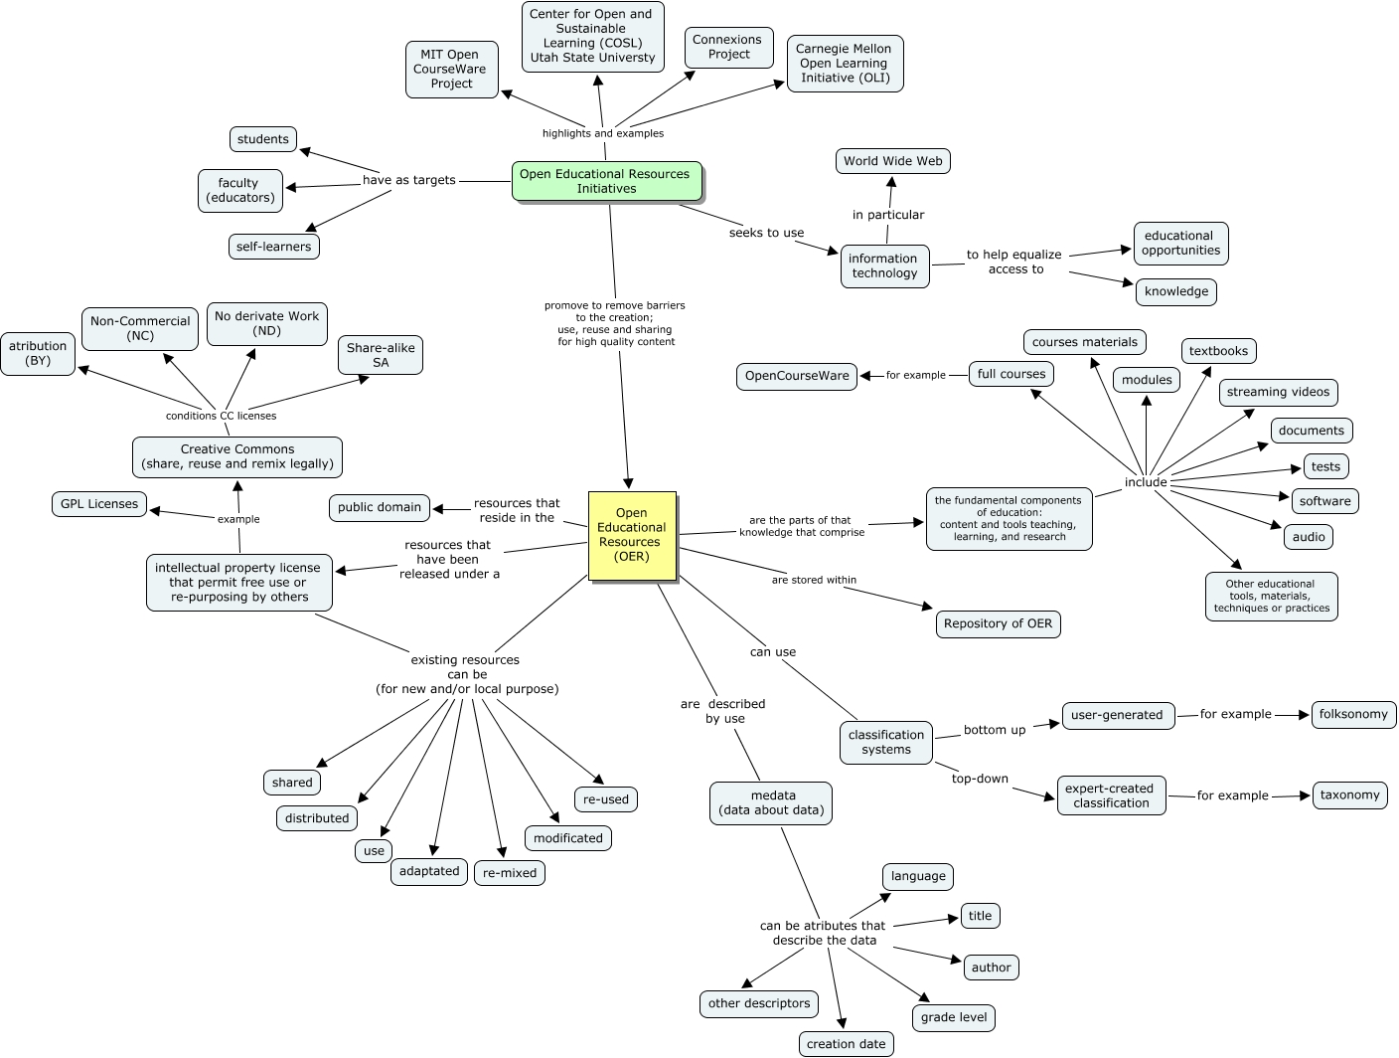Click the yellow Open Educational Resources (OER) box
[632, 535]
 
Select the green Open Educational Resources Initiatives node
[606, 181]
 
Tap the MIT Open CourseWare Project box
[452, 70]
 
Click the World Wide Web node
[892, 161]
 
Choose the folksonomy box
[1353, 714]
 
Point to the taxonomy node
[1349, 794]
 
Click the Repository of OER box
[998, 623]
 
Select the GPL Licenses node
[99, 504]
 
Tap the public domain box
[380, 507]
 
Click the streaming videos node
[1278, 392]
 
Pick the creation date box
[846, 1043]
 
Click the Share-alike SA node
[381, 355]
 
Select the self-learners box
[273, 246]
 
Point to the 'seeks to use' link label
[766, 233]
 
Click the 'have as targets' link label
[408, 180]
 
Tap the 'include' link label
[1145, 482]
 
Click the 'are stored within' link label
[814, 580]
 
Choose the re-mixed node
[509, 872]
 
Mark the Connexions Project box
[728, 47]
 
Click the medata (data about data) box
[772, 802]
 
